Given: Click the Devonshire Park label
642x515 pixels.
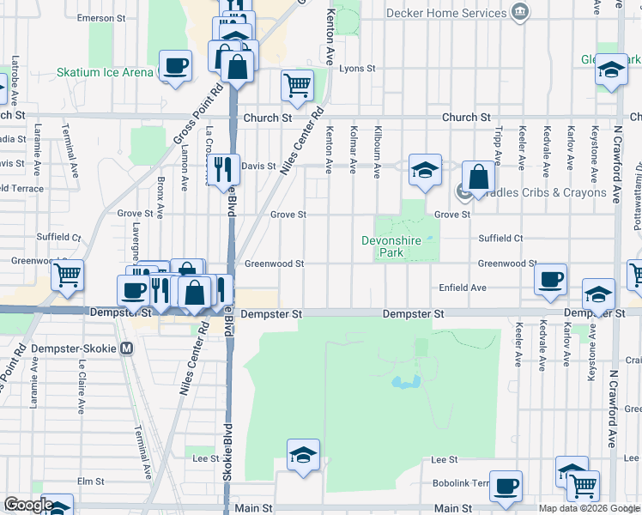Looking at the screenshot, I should [x=391, y=247].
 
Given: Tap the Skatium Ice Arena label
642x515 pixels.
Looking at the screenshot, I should [x=105, y=73].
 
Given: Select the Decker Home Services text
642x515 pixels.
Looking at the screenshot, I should [x=446, y=13].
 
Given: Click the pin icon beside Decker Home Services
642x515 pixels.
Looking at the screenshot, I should [x=519, y=12].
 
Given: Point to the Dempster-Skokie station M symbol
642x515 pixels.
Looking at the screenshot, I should [x=127, y=348].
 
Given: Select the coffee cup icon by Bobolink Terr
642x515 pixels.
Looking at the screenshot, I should [x=506, y=485].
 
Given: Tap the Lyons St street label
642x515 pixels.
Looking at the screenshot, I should [x=358, y=69].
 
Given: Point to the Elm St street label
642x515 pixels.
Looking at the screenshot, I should [x=90, y=482].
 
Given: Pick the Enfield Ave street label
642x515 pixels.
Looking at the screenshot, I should [x=463, y=288].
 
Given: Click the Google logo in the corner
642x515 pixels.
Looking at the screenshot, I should [x=28, y=505].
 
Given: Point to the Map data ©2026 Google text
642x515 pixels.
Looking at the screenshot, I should [x=589, y=508].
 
